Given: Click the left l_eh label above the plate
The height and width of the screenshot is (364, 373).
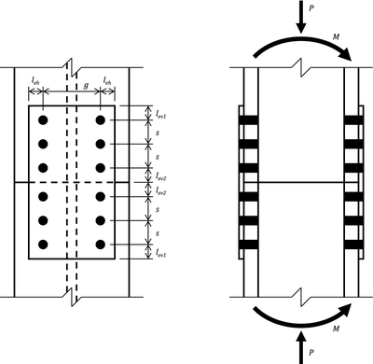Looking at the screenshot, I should (x=36, y=82).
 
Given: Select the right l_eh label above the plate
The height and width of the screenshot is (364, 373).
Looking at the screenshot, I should (x=109, y=82).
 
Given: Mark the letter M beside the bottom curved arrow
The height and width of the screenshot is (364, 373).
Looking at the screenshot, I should (x=338, y=329).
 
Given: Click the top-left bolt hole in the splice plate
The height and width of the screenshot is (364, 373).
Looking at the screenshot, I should (x=42, y=120).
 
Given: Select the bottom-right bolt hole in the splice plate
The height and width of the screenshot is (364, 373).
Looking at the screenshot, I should (x=101, y=244).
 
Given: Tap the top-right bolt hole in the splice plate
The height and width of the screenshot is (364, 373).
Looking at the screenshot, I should (x=101, y=120).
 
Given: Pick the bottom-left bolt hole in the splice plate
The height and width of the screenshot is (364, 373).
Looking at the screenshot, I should (x=42, y=244).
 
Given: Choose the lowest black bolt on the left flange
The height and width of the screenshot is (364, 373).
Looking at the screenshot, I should (x=247, y=244).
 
